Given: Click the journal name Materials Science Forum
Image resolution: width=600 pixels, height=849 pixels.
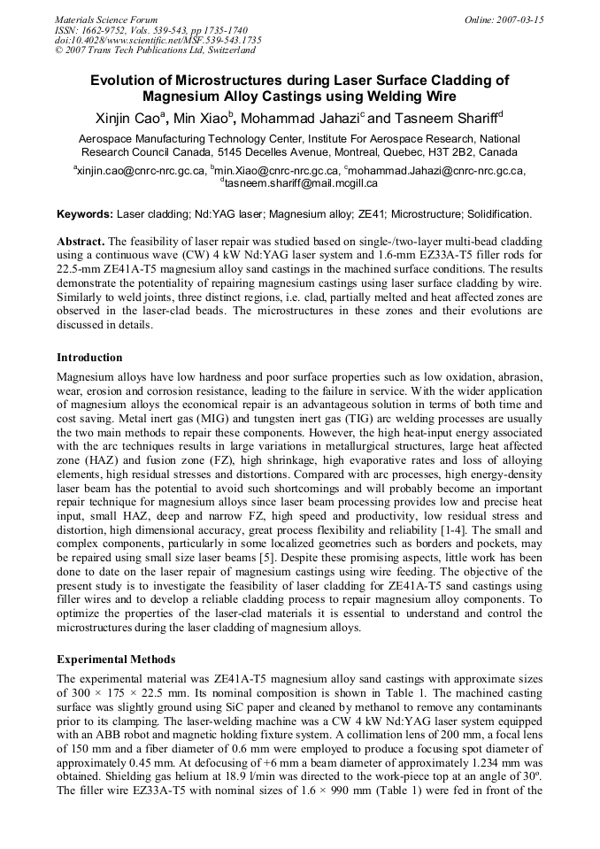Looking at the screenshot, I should [x=106, y=19].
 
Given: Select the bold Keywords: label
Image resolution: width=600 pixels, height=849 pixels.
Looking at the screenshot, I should [x=85, y=214].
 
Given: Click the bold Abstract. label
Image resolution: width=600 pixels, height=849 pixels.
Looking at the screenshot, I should [x=81, y=241].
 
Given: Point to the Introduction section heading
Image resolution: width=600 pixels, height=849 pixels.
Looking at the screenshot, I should [x=89, y=358].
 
